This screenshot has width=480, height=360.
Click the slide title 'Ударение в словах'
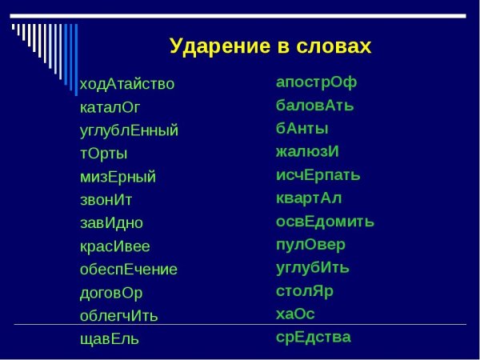[x=270, y=46]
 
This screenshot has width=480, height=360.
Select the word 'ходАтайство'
[x=126, y=84]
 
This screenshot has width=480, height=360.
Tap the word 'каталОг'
[x=110, y=107]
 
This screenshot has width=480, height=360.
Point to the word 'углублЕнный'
[x=129, y=130]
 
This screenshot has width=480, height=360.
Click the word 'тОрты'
[x=103, y=154]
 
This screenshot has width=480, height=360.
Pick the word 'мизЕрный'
[x=118, y=177]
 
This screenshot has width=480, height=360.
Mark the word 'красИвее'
[x=114, y=246]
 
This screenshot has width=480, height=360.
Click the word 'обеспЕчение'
[x=128, y=270]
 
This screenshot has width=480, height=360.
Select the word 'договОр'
[x=111, y=293]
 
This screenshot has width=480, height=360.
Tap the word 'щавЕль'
[x=109, y=339]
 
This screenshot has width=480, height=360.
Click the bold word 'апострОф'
[x=316, y=82]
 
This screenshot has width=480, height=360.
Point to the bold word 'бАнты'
[x=302, y=128]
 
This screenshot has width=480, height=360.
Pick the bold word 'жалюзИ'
[x=307, y=151]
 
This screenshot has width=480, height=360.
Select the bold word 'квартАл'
[x=308, y=198]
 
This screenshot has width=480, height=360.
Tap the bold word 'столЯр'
[x=304, y=290]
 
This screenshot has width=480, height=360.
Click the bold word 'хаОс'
[x=295, y=314]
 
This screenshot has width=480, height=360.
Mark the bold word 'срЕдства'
[x=313, y=337]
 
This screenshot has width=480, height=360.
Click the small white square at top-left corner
[x=14, y=26]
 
